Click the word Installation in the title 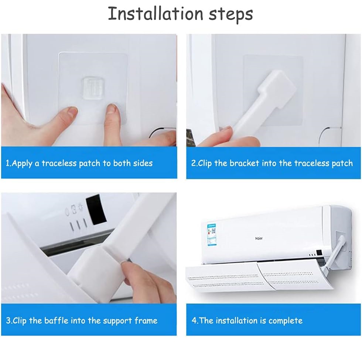pos(156,14)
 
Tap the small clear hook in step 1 pos(92,88)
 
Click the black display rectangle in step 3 pos(96,209)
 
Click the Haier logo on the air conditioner pos(259,238)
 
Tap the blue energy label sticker pos(212,235)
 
